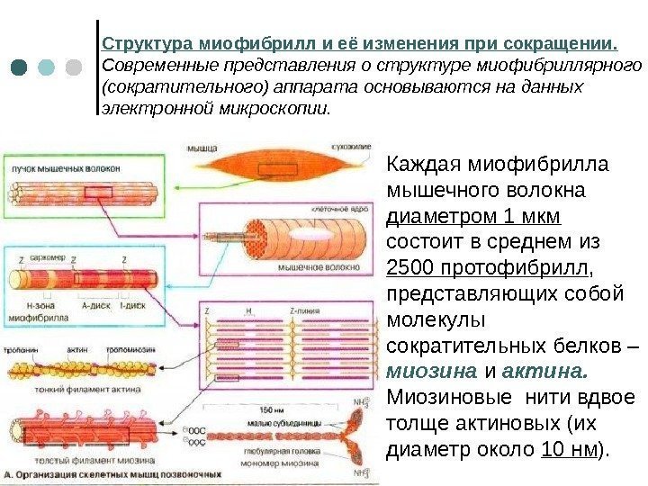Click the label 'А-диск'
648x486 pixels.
(94, 306)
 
